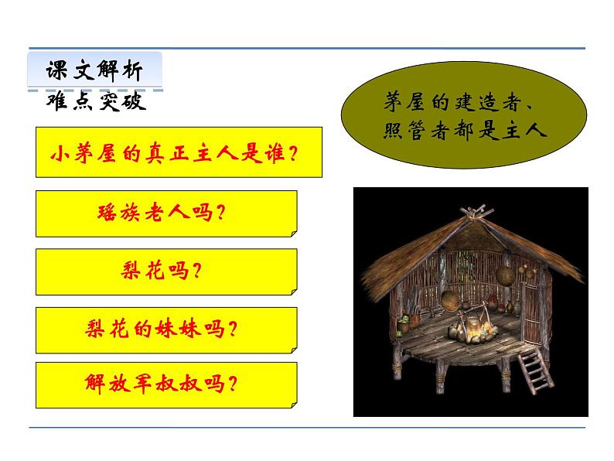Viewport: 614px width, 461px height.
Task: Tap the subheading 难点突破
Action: (x=96, y=102)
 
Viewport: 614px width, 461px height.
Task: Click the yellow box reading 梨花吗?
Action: (x=165, y=271)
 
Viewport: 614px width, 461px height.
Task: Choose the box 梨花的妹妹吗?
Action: (x=165, y=329)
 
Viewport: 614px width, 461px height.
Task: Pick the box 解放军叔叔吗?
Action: (x=165, y=384)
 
